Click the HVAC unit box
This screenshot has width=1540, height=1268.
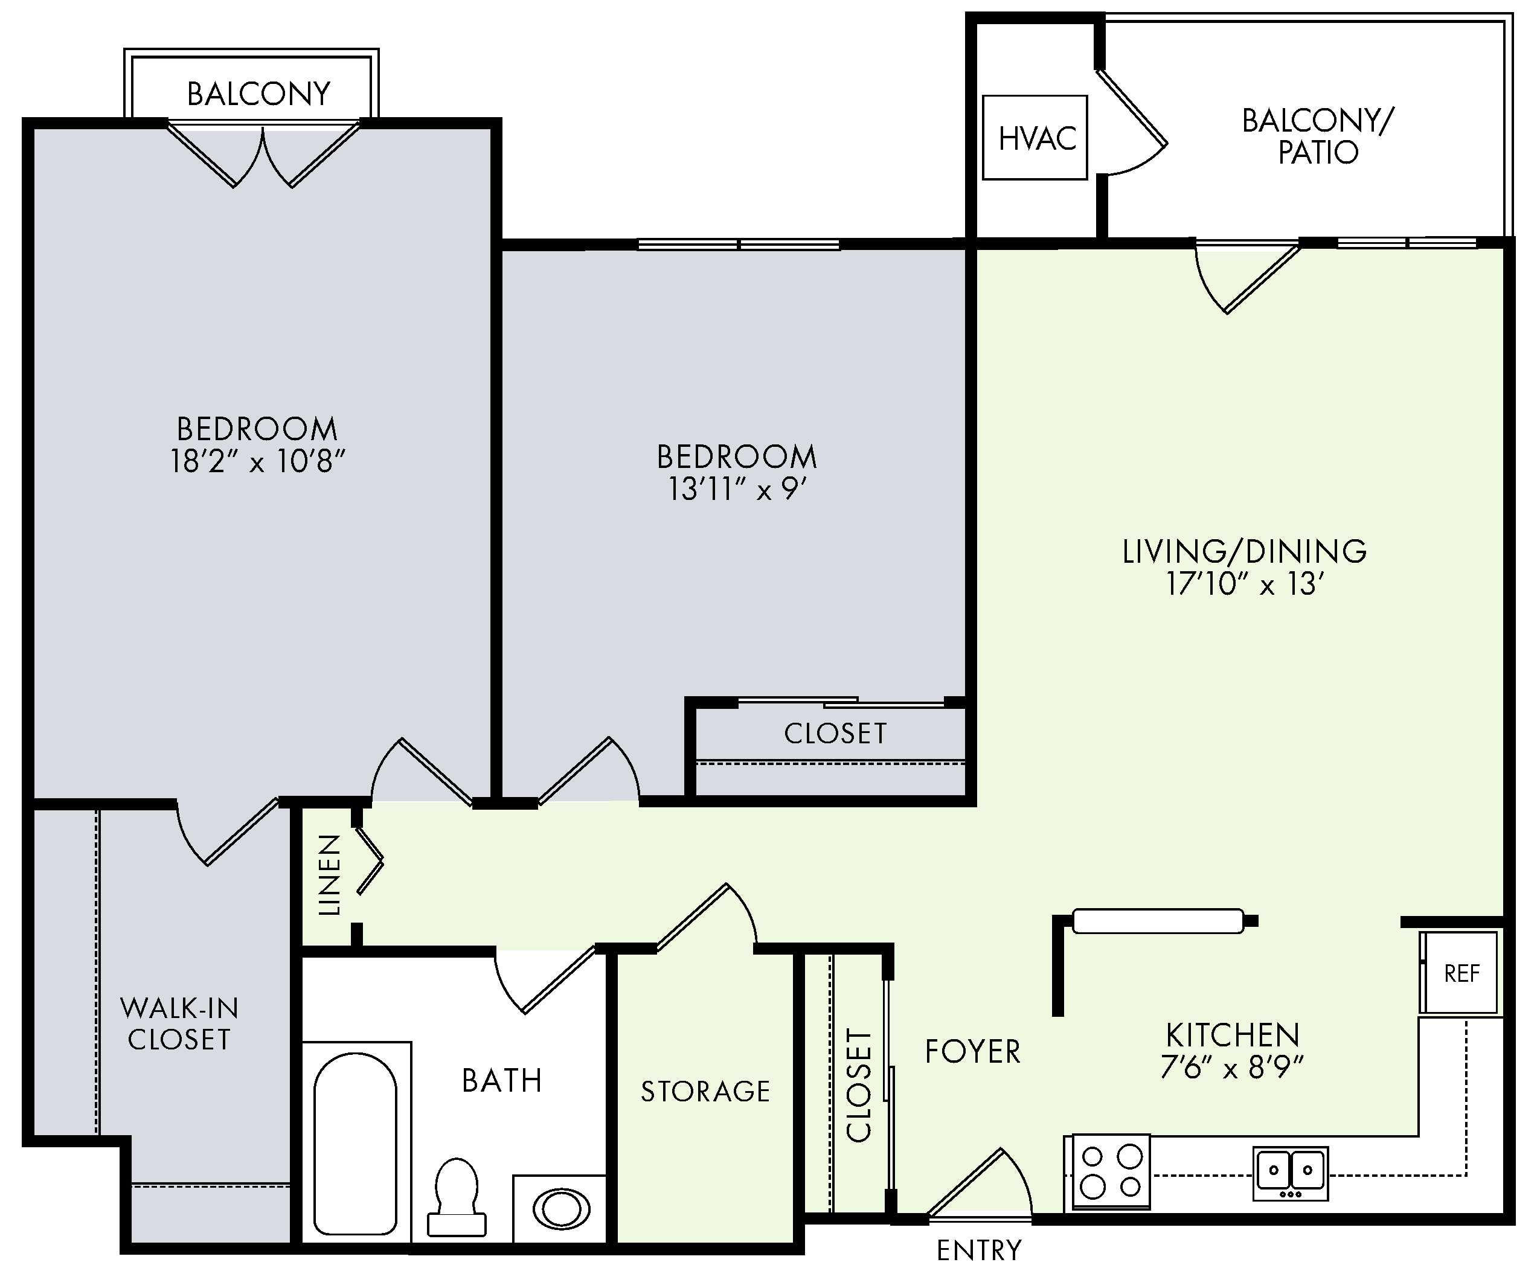(x=1035, y=137)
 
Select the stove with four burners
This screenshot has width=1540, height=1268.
(x=1111, y=1171)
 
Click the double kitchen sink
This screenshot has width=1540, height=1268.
(x=1290, y=1173)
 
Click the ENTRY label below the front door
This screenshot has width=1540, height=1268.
(x=979, y=1250)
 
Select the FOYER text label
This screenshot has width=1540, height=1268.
(x=972, y=1052)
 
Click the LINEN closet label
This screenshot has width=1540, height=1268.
(x=330, y=874)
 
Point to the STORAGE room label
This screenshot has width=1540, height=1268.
(x=705, y=1091)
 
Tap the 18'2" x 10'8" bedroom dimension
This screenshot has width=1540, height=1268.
(x=257, y=461)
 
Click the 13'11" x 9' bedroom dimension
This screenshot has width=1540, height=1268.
(x=736, y=488)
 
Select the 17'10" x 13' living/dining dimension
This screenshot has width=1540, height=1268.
(x=1245, y=584)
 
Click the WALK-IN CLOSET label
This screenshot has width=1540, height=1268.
(x=179, y=1023)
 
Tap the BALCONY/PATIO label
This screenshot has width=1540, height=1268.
(x=1318, y=136)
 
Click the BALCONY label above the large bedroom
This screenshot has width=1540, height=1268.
(x=258, y=94)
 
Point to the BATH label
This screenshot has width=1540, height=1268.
(x=502, y=1080)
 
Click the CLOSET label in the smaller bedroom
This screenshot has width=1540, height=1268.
(x=835, y=734)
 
